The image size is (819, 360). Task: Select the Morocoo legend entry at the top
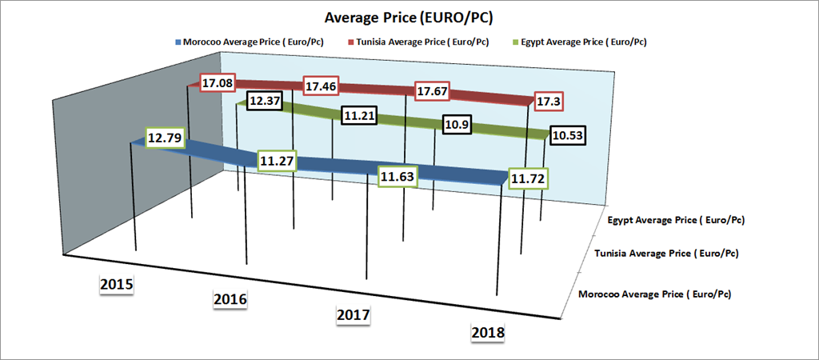point(248,42)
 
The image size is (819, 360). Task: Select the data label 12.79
point(162,137)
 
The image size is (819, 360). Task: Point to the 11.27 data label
point(277,162)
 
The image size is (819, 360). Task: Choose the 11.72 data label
point(527,175)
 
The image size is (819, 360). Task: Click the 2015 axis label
point(116,285)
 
